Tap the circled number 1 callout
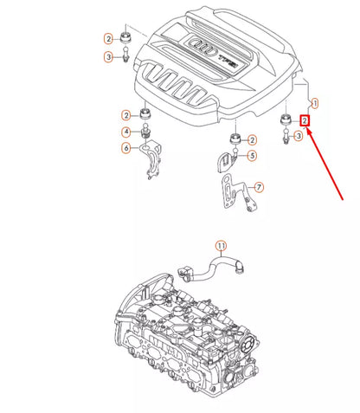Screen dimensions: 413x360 pos(314,102)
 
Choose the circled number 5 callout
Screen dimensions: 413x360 pos(252,156)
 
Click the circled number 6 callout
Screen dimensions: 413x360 pos(126,149)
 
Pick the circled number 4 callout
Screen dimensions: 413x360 pos(126,132)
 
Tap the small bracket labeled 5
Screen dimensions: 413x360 pos(226,159)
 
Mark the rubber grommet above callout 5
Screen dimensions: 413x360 pos(234,139)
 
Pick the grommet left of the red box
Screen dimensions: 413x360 pos(283,119)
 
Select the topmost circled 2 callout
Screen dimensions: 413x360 pos(109,39)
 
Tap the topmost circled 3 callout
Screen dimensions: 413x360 pos(109,57)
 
